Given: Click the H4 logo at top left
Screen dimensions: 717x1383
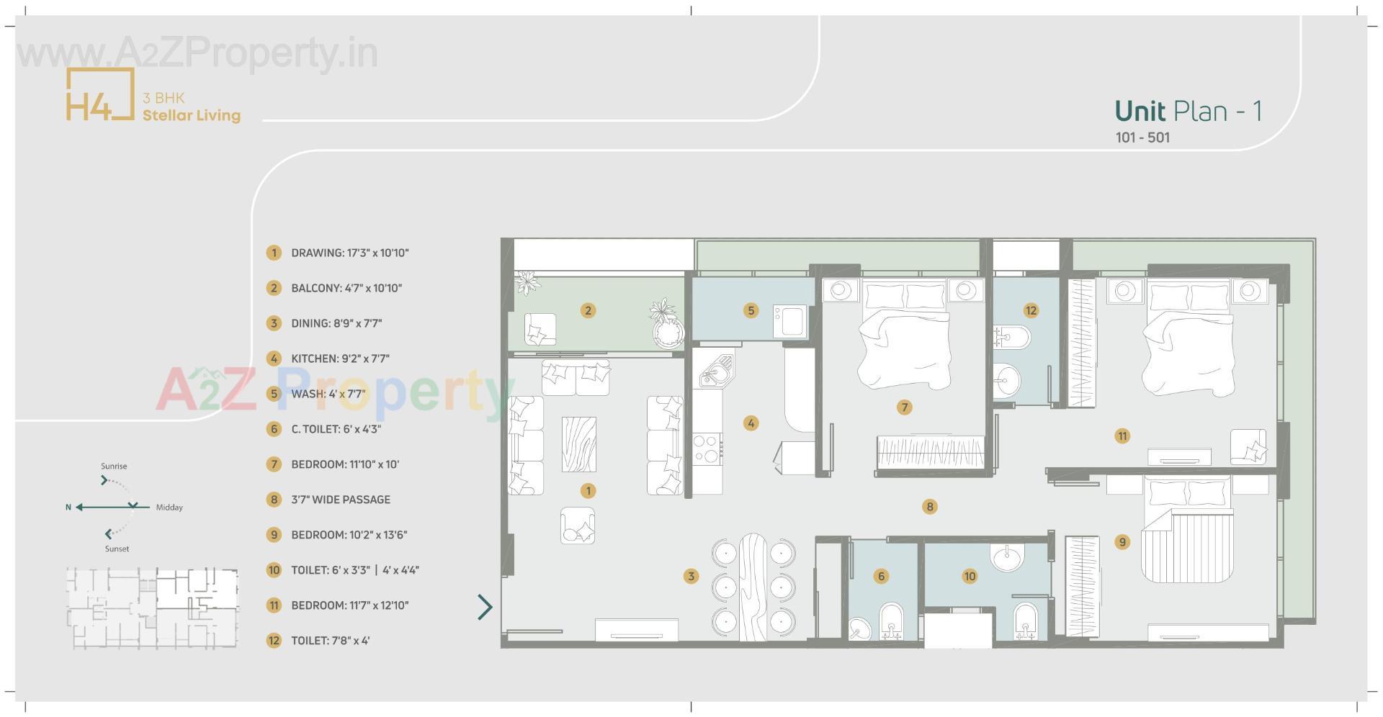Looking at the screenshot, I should (100, 94).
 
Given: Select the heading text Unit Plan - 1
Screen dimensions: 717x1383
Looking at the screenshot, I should (1188, 111).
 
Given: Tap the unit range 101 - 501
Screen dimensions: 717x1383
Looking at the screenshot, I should (1142, 137).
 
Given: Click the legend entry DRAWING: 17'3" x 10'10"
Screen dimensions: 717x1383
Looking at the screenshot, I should (349, 253).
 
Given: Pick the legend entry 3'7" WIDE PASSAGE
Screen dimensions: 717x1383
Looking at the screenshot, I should (340, 500).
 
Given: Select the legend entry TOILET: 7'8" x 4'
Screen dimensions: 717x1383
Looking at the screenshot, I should (330, 641).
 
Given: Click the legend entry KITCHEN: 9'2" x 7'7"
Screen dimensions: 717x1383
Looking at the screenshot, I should (340, 358).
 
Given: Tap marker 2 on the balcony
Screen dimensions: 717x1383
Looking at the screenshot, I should (588, 310).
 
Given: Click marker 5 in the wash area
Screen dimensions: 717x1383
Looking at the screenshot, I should (751, 310).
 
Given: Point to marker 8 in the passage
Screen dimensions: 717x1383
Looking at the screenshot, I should (929, 507).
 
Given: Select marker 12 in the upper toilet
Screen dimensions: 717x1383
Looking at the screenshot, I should (1031, 310).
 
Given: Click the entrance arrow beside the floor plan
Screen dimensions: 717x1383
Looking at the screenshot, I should (485, 607).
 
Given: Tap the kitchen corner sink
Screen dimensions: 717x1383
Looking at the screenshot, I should (716, 370).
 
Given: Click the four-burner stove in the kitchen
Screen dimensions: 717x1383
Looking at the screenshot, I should (708, 448).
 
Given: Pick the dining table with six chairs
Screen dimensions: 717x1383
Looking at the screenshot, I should (753, 587).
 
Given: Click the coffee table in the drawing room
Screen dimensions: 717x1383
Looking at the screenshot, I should (578, 444).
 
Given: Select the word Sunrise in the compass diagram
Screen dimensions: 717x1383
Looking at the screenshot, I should (114, 466).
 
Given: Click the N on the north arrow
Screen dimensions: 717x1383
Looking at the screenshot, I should (68, 508).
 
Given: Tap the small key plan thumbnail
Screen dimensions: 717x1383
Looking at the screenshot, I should (152, 608).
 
